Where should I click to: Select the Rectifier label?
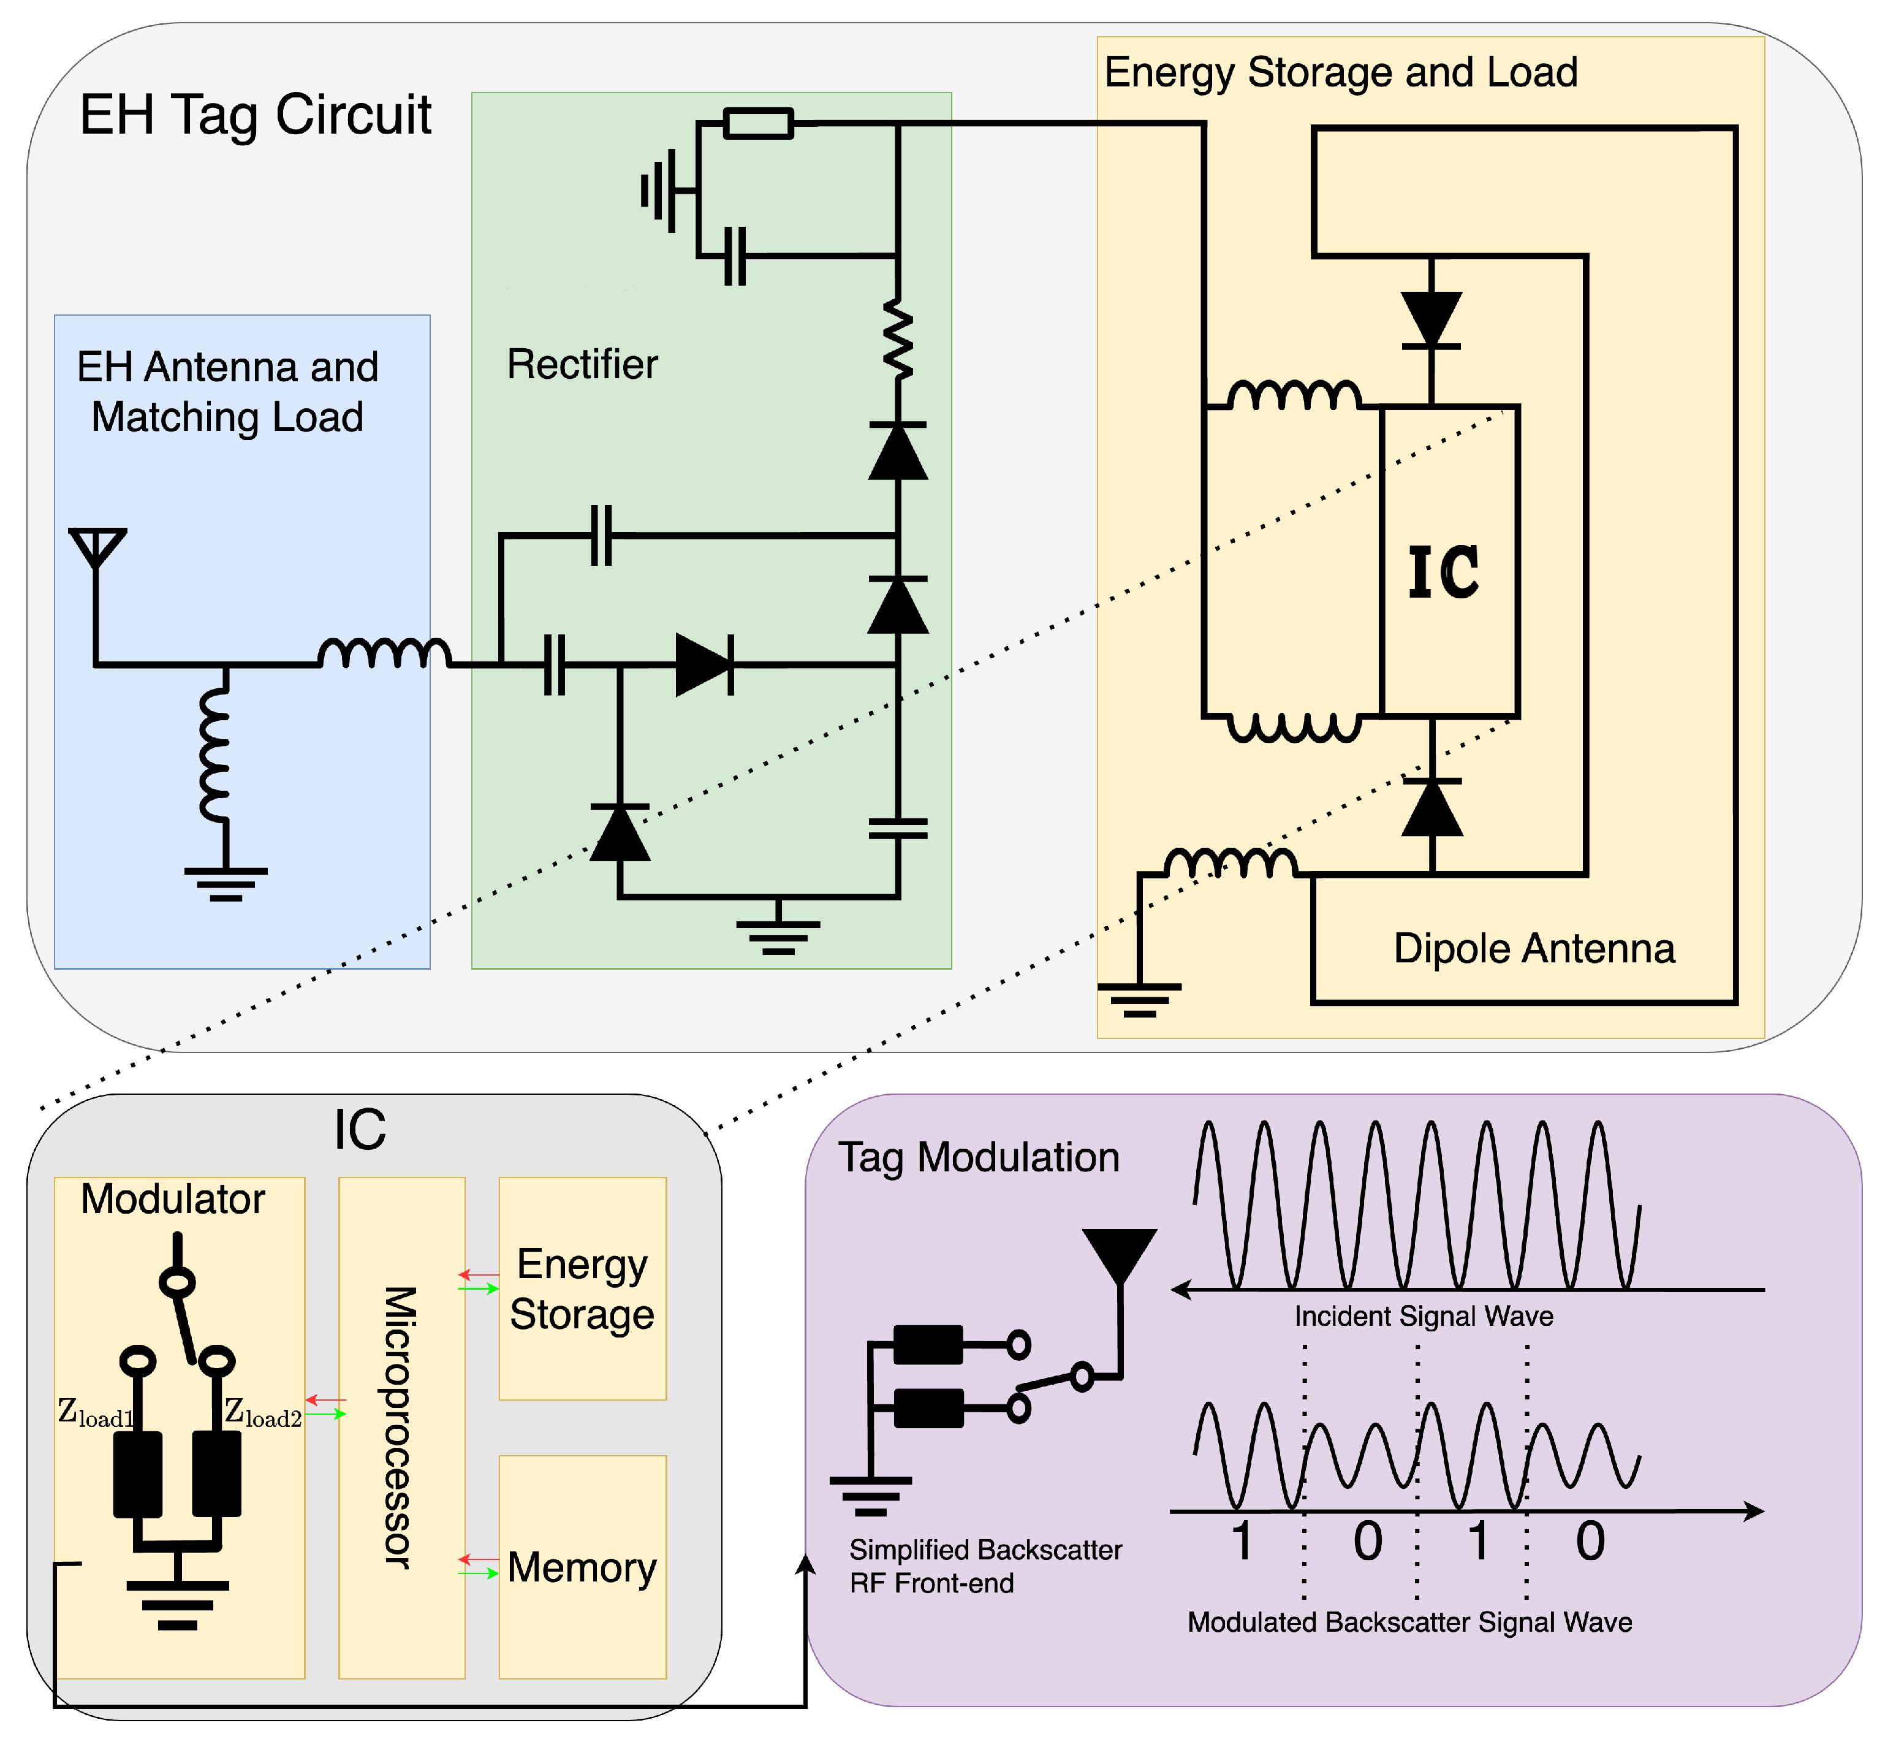(582, 364)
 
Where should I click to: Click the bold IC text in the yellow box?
(1443, 571)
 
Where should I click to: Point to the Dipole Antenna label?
(1534, 948)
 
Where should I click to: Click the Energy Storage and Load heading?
(1340, 72)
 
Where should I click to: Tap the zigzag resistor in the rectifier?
(898, 340)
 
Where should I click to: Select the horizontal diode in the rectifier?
(705, 665)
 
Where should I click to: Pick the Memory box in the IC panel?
(582, 1568)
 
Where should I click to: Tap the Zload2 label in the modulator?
(262, 1412)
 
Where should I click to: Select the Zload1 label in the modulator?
(95, 1412)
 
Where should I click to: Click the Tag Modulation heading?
(979, 1157)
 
